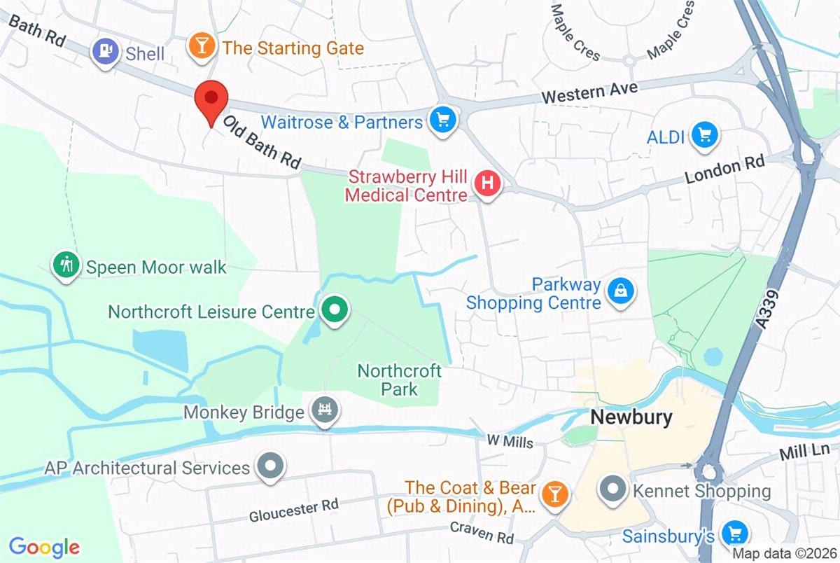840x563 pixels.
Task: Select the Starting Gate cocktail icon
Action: [202, 48]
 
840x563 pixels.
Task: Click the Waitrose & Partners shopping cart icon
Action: [442, 120]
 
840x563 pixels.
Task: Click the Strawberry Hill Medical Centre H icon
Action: [489, 184]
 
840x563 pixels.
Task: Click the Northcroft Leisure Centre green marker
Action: [335, 310]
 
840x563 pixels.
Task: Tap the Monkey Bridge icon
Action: [324, 410]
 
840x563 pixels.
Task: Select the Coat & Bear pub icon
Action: [556, 494]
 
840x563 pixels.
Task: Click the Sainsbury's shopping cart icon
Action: [734, 534]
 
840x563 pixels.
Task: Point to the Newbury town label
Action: [631, 417]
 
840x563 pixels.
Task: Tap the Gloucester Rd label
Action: [294, 511]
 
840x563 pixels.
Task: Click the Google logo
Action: [43, 546]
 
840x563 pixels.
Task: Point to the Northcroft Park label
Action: [399, 379]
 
